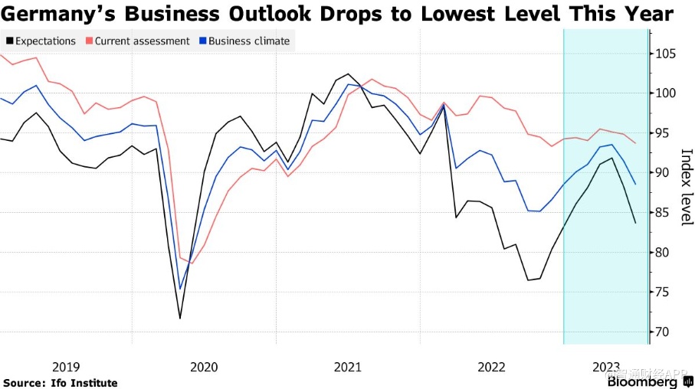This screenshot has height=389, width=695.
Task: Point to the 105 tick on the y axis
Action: (x=664, y=54)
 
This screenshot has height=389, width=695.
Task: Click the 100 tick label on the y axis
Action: (x=664, y=93)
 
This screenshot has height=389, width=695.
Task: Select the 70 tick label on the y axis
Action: (x=661, y=332)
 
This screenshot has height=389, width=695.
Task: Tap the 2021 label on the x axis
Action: (x=347, y=367)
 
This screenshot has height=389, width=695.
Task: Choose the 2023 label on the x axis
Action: (x=606, y=367)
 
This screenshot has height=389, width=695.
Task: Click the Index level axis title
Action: (x=684, y=187)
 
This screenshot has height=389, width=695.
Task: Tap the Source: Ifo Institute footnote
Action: (x=61, y=383)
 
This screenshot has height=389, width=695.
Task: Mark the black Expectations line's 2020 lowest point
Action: (x=181, y=318)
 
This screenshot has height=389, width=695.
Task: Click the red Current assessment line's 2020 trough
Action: (x=192, y=263)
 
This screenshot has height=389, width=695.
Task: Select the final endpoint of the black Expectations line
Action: (x=635, y=223)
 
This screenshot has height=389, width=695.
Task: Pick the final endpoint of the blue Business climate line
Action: (x=635, y=184)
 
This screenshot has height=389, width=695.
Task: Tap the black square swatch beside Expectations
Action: (x=8, y=41)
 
